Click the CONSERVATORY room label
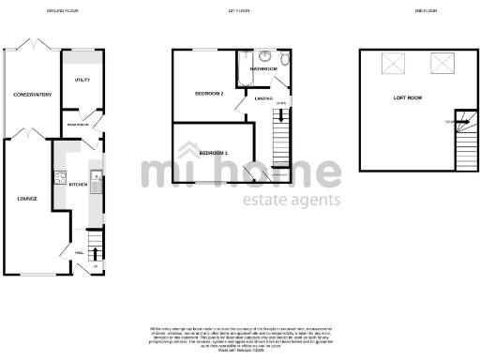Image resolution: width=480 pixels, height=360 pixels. (32, 95)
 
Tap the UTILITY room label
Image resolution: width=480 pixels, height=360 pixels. (82, 80)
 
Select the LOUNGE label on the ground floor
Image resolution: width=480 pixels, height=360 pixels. (27, 199)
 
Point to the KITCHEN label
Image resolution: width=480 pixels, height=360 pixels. (78, 185)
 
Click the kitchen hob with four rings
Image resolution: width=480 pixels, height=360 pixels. (60, 175)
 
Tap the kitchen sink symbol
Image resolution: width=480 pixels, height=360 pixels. (96, 178)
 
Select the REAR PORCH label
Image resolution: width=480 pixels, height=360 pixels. (78, 123)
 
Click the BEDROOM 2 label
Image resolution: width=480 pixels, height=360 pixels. (208, 94)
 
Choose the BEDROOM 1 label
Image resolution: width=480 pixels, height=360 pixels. (213, 152)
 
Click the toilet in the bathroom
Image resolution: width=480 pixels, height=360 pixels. (284, 60)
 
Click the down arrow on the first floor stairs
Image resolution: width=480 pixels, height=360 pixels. (280, 103)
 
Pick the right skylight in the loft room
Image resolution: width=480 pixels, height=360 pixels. (441, 63)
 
